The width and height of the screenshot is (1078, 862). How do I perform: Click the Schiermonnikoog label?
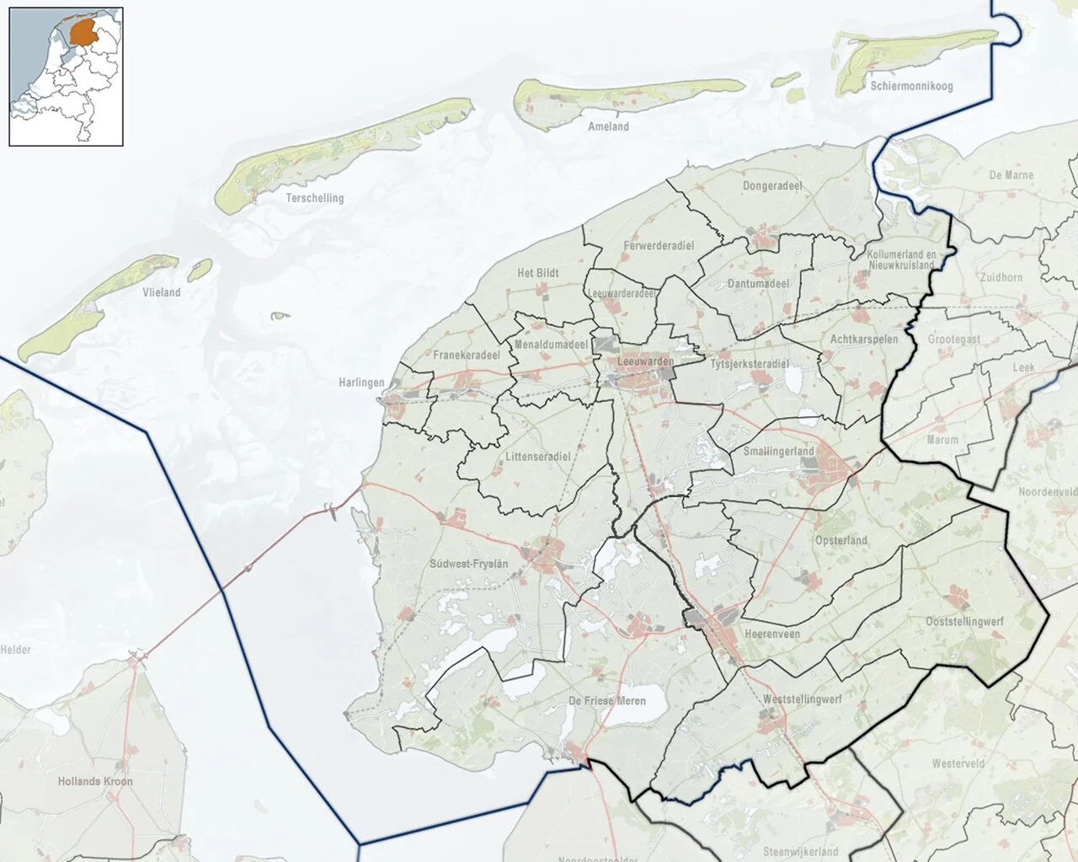coord(911,86)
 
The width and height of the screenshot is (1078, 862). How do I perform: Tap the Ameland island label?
coord(608,126)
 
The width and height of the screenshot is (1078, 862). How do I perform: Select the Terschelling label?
coord(315,198)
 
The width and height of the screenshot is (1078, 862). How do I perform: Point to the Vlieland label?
coord(162,292)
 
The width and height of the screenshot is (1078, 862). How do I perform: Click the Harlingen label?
coord(361,383)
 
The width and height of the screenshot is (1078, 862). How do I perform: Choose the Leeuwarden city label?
coord(645,361)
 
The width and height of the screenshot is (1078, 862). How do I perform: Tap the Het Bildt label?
coord(538,273)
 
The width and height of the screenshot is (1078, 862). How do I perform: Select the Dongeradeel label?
coord(772,185)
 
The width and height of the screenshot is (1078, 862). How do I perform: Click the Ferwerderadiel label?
coord(659,245)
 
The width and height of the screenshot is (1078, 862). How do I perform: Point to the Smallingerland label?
coord(779,452)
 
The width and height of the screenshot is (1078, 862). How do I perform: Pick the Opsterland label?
coord(841,540)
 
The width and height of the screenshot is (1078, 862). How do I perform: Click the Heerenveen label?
coord(772,634)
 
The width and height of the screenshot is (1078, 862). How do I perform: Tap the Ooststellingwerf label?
coord(964,621)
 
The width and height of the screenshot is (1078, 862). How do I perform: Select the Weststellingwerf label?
coord(802,699)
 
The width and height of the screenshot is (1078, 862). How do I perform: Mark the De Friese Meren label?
coord(607,701)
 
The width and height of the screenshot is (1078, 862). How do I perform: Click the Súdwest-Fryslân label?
coord(468,563)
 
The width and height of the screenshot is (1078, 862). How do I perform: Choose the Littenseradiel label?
coord(537,457)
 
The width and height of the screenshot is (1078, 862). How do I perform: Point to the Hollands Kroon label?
coord(95,781)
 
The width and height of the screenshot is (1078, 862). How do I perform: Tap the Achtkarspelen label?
coord(864,339)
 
